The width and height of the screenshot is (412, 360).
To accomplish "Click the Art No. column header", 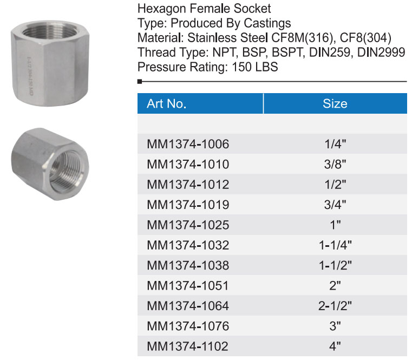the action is coord(167,103).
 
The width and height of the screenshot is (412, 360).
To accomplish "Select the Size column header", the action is coord(335,103).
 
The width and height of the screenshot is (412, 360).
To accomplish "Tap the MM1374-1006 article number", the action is coord(188,144).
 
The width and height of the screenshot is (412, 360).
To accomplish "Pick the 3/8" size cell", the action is coord(335,164).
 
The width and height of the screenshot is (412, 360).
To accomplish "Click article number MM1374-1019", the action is coord(188,205).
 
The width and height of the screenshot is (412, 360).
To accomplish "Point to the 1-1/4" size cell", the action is coord(335,245).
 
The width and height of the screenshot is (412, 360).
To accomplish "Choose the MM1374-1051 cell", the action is coord(188,286).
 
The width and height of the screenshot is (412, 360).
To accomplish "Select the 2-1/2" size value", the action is coord(335,306).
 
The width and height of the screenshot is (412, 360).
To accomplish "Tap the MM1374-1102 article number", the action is coord(188,346).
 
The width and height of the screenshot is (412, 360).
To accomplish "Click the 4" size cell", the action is coord(335,346).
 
